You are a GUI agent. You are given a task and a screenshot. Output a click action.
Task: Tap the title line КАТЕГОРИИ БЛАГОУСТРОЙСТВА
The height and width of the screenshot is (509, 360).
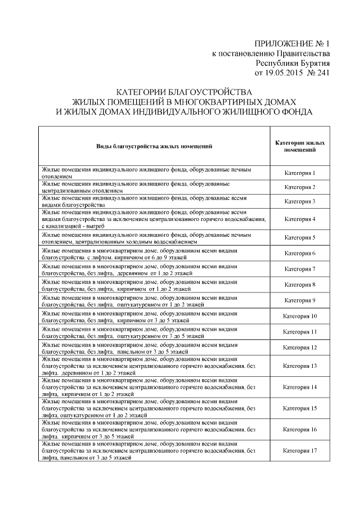185,92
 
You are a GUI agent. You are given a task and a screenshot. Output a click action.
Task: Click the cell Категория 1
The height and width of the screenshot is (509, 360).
299,173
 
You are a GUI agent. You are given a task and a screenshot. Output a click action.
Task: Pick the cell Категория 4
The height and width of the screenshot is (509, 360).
299,219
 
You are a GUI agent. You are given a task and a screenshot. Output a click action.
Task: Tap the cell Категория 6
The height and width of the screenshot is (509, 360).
299,253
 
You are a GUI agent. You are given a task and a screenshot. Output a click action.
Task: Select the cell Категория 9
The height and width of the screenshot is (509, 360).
299,300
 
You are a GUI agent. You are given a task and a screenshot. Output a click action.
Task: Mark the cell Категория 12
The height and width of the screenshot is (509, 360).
299,348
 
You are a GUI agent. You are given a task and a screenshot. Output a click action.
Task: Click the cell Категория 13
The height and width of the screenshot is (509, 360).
299,366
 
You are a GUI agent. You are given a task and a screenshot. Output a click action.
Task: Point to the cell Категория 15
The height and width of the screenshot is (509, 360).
299,408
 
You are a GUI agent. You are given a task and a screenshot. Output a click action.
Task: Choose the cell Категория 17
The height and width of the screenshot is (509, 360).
299,451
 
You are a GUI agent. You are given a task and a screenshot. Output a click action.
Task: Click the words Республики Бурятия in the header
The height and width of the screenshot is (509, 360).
292,63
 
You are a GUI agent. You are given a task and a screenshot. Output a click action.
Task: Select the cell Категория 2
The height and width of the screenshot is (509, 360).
299,187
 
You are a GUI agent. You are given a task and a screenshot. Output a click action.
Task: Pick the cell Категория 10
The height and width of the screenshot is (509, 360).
299,316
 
